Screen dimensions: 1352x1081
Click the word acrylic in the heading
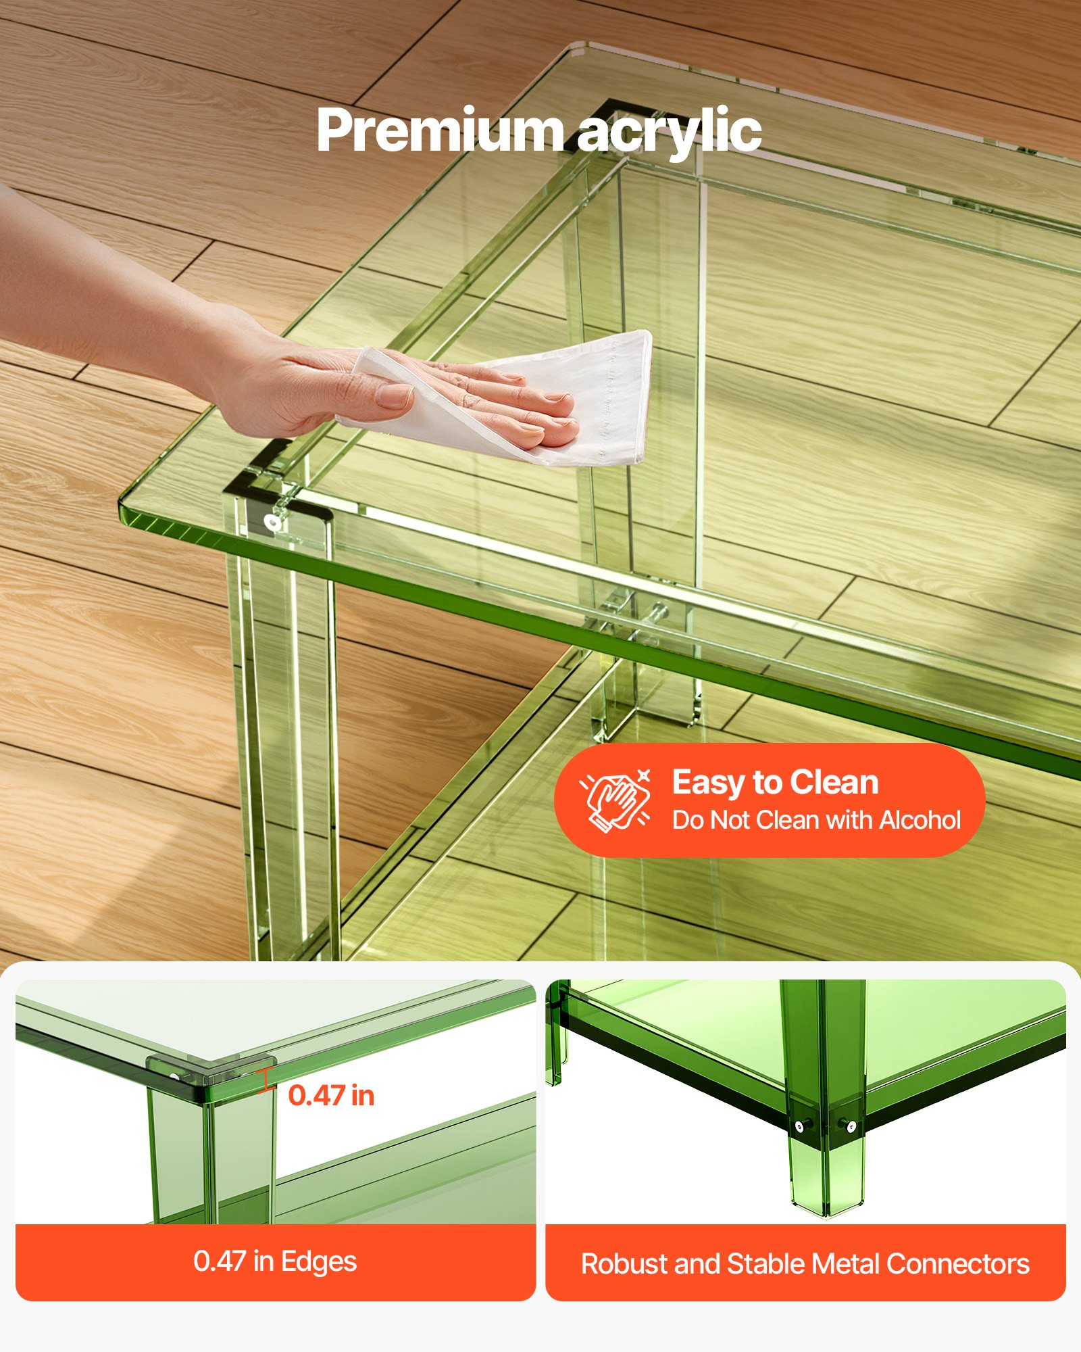pos(669,132)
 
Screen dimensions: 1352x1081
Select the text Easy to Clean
pos(775,783)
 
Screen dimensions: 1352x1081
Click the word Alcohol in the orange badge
pos(920,820)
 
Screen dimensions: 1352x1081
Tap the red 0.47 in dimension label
pos(331,1095)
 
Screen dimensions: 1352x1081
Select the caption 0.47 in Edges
pos(275,1261)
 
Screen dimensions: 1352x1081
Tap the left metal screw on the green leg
pos(800,1126)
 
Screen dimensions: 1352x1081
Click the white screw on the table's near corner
pos(273,522)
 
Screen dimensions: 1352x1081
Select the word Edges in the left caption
pos(319,1261)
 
